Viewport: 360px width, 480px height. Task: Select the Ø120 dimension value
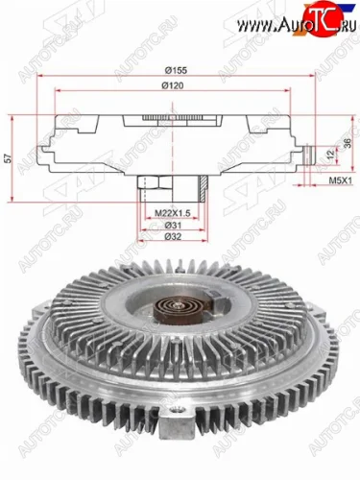(174, 86)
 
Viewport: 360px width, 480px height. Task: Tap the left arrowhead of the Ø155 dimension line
(40, 80)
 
